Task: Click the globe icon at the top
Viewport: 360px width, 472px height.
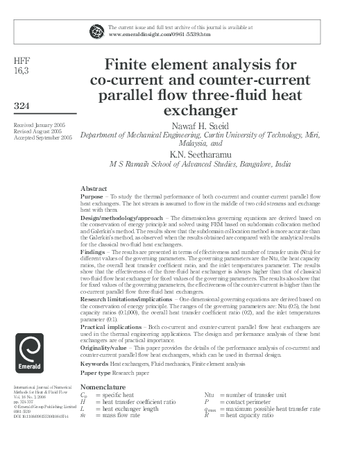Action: click(x=96, y=30)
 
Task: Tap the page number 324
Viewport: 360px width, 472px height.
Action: click(x=24, y=106)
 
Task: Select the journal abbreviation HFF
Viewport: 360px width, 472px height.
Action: click(x=22, y=60)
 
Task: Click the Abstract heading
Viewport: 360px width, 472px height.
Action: click(x=94, y=189)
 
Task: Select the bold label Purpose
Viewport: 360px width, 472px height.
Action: click(x=93, y=196)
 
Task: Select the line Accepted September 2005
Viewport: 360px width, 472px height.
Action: click(x=42, y=137)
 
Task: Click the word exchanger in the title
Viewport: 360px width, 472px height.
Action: click(x=189, y=109)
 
